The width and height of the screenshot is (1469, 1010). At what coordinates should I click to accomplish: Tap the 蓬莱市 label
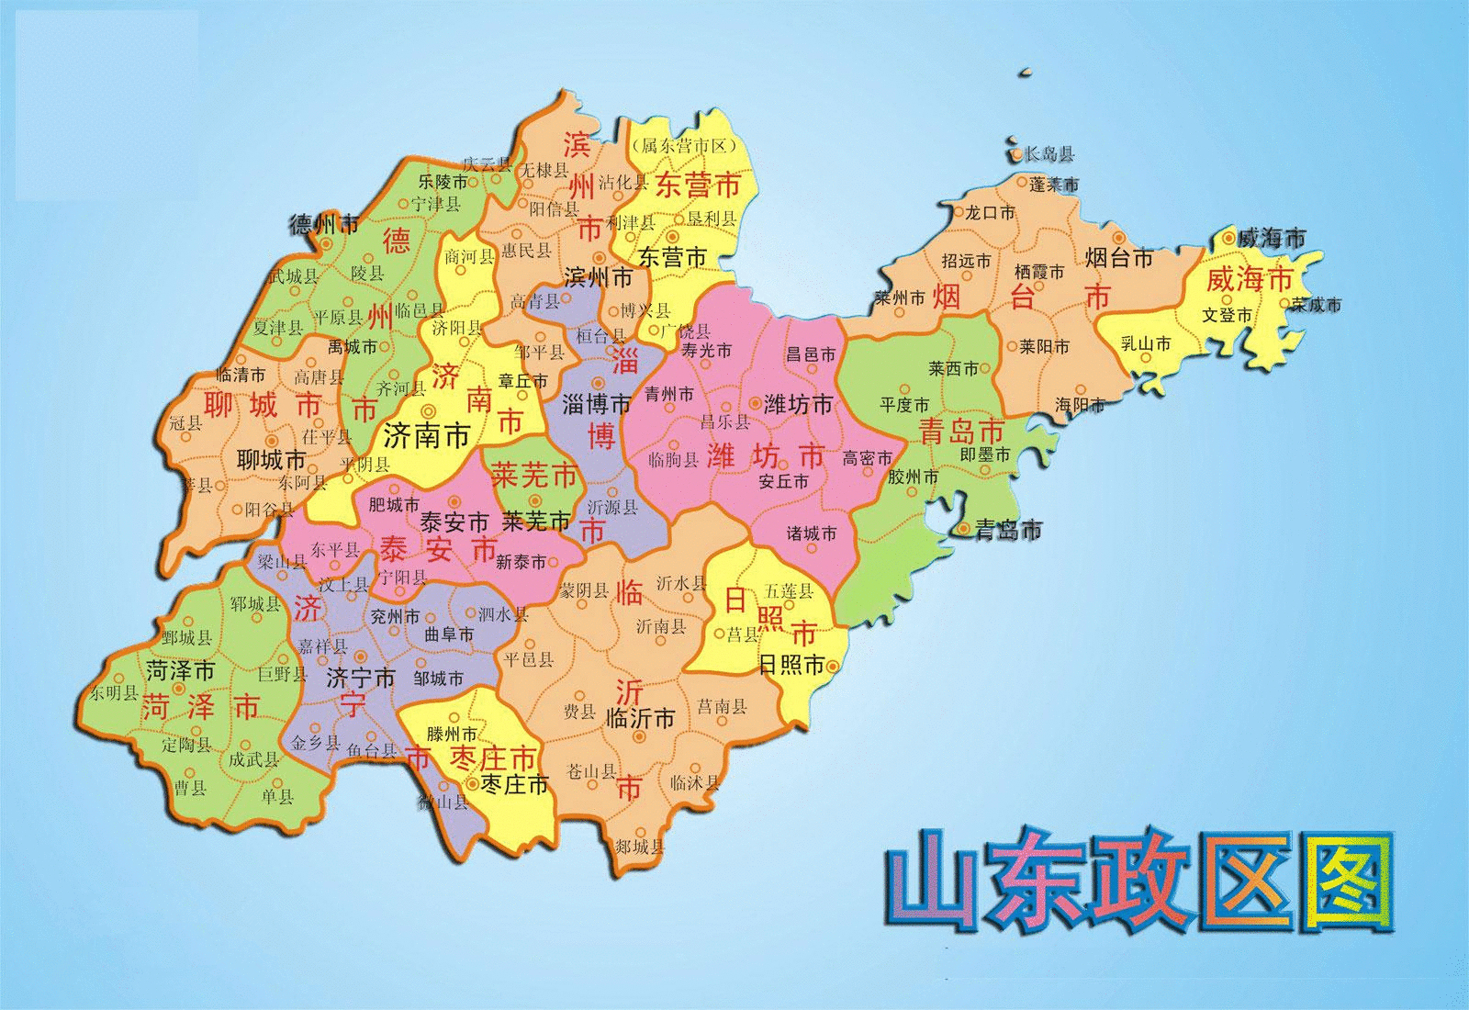tap(1053, 185)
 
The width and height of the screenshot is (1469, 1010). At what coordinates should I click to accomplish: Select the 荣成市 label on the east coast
tap(1316, 304)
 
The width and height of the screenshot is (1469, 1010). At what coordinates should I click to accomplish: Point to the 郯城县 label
tap(639, 846)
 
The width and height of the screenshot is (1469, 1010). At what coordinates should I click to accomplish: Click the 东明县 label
tap(114, 693)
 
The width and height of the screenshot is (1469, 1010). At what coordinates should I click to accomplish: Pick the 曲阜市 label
tap(450, 634)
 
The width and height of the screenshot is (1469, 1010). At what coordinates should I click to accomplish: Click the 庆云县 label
tap(486, 164)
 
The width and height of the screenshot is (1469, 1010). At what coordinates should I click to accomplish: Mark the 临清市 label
tap(241, 375)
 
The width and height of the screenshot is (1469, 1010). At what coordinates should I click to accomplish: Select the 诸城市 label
tap(813, 533)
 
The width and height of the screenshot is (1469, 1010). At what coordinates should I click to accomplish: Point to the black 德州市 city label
tap(323, 223)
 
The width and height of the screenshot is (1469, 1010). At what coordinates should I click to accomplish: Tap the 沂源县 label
tap(612, 506)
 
